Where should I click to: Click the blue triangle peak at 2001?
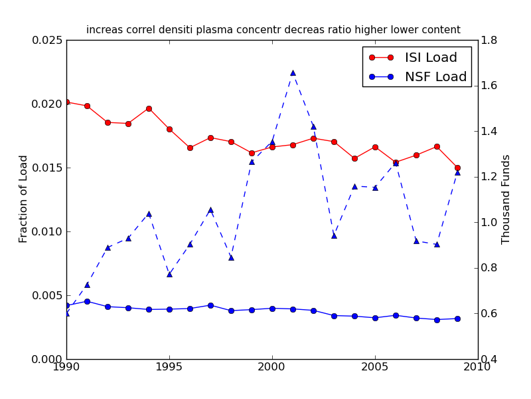(293, 72)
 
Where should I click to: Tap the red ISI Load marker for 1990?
(66, 102)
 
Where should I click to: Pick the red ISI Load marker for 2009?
(457, 168)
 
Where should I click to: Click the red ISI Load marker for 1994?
(149, 108)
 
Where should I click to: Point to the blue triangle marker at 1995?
(169, 274)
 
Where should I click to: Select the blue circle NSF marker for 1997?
(210, 305)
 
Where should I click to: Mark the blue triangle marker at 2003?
(334, 235)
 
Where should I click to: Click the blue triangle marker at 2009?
(457, 172)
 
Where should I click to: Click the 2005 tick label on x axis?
(375, 368)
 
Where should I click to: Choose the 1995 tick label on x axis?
(169, 368)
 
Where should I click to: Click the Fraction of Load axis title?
(24, 199)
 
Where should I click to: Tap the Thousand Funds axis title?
(506, 199)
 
